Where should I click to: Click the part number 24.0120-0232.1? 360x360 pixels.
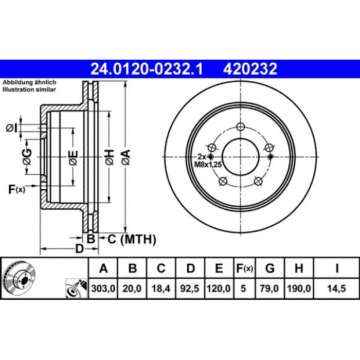pos(147,69)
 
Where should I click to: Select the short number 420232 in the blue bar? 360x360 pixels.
pos(250,69)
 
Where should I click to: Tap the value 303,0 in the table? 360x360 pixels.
pos(103,289)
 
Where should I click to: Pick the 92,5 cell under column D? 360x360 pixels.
pos(189,289)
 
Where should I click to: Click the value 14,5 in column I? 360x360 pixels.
pos(336,289)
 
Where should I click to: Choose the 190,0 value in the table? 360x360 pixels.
pos(299,289)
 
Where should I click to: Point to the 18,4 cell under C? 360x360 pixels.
pos(161,289)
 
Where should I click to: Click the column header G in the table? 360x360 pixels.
pos(270,268)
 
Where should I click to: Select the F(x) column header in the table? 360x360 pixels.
pos(244,268)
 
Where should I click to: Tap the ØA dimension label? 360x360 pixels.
pos(127,157)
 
